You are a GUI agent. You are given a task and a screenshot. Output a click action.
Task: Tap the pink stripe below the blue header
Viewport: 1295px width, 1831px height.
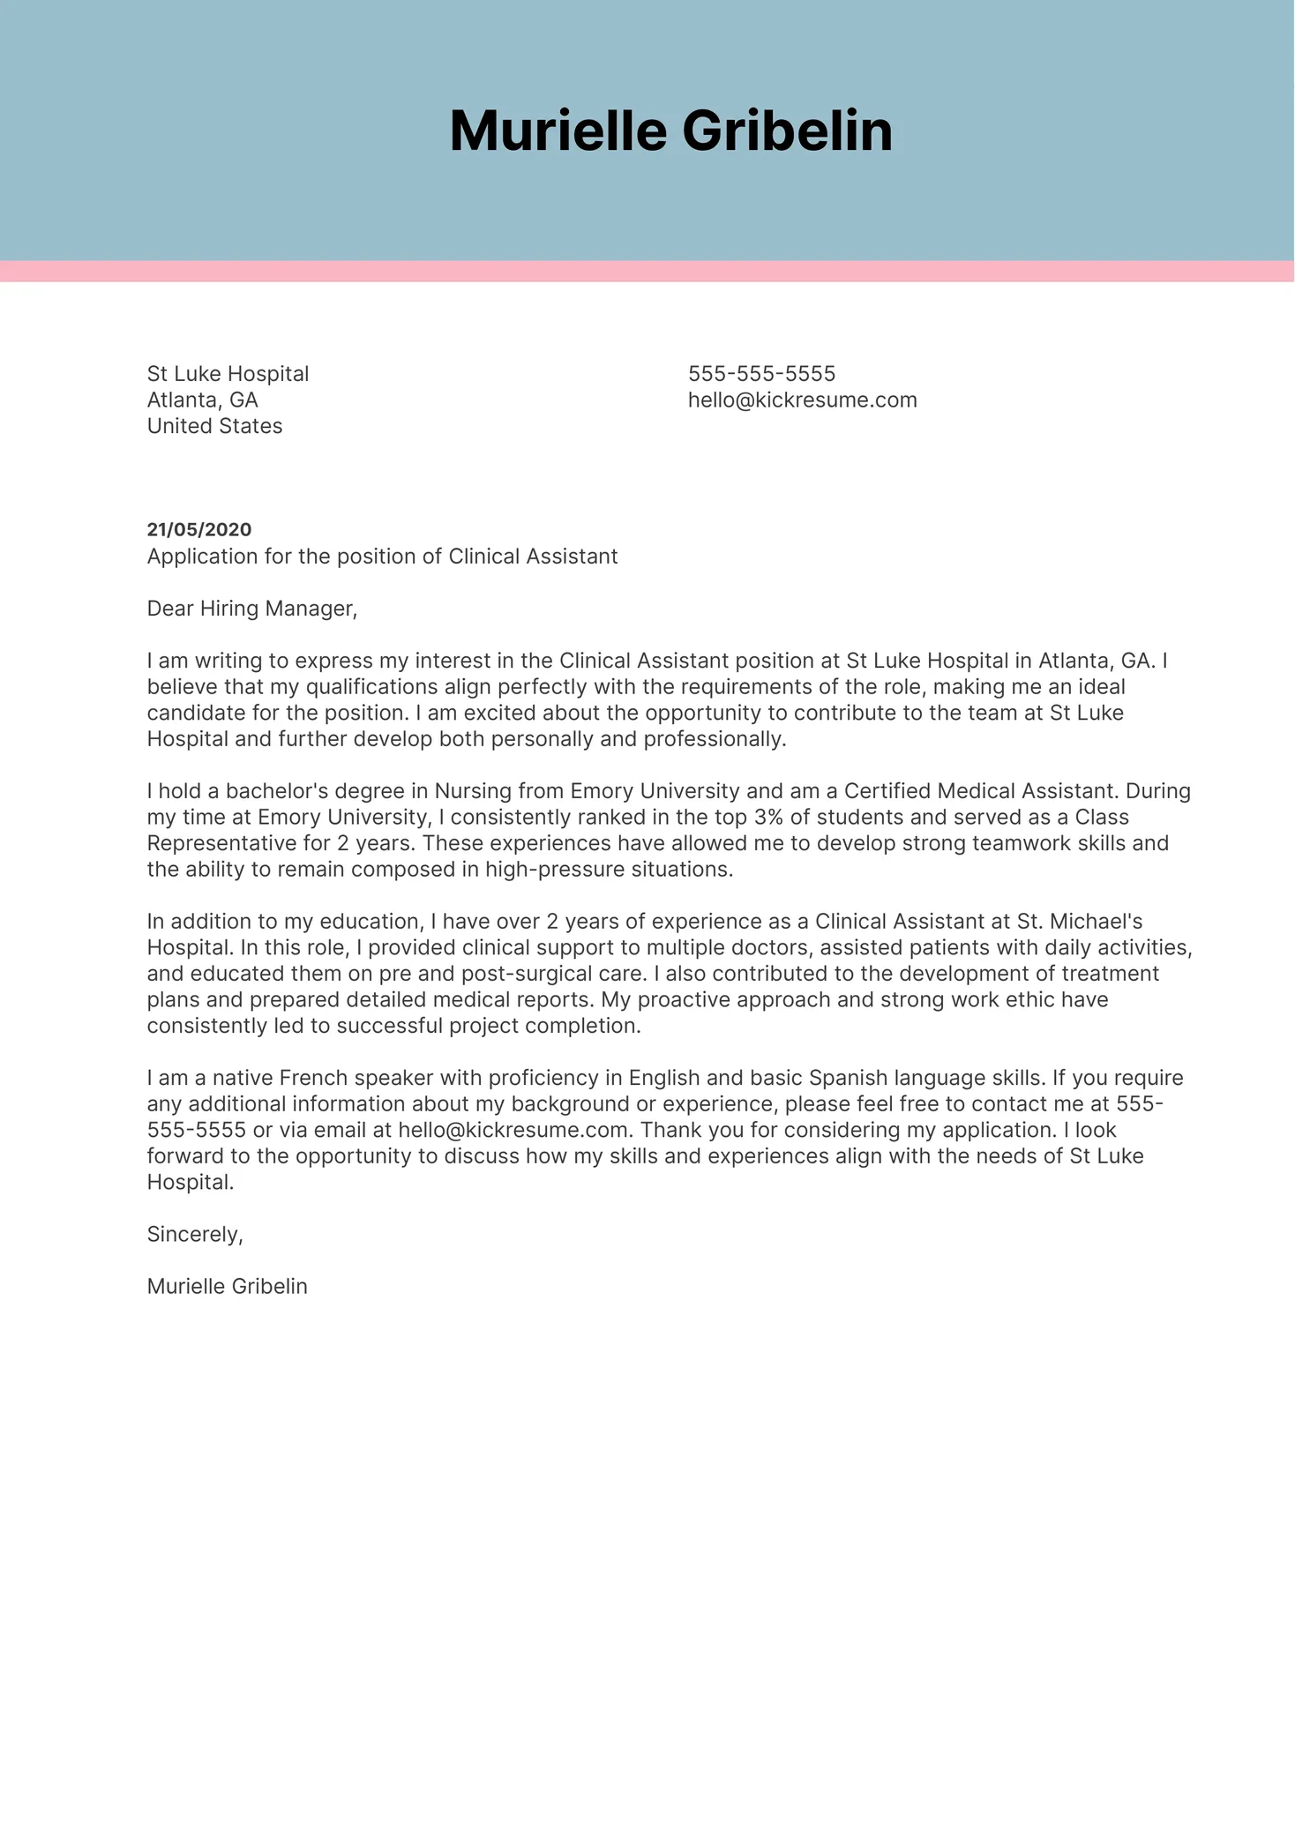pos(647,272)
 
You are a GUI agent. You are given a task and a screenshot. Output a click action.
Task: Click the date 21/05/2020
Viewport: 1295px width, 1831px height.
pos(199,530)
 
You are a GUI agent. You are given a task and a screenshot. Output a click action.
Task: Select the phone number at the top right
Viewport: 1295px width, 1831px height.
pos(761,374)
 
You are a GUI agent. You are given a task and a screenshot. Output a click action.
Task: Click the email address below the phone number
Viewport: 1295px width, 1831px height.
pos(802,400)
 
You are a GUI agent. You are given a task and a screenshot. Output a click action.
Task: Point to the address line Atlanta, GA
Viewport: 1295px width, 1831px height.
pos(202,400)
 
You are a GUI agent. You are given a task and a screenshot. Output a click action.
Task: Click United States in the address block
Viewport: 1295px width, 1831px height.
pos(214,426)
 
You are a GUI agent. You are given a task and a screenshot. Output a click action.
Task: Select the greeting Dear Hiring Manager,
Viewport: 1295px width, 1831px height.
pos(252,609)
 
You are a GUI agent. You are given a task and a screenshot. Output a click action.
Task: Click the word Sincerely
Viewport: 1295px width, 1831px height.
pos(194,1234)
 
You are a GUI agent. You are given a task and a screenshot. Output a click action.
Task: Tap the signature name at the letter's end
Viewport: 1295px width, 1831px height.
pos(227,1287)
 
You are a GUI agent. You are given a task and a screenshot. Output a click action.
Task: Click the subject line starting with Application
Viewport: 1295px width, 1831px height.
pos(382,557)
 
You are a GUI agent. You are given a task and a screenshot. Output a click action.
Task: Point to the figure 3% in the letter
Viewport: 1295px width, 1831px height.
pos(768,818)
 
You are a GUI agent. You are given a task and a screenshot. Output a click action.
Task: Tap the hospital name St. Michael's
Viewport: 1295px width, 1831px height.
pos(1079,922)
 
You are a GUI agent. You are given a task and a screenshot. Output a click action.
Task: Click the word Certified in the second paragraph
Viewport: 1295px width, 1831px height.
pos(887,791)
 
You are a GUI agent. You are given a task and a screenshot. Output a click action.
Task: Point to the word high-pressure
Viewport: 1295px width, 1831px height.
pos(555,870)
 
